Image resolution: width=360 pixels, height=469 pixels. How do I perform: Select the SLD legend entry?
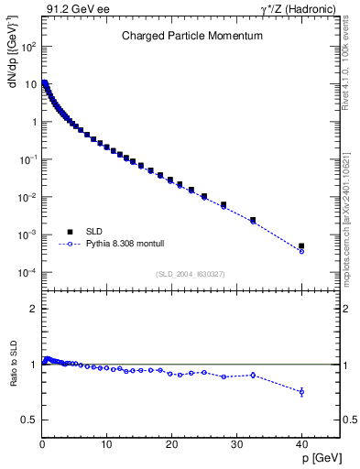point(82,232)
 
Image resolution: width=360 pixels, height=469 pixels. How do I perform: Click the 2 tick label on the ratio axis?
point(34,309)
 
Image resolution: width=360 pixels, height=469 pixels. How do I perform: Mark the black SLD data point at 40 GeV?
point(301,245)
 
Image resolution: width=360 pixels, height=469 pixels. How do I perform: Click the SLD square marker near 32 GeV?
point(253,220)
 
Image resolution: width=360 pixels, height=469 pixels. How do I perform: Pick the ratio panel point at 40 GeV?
point(301,392)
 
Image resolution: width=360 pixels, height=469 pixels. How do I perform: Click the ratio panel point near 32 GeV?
point(253,375)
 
